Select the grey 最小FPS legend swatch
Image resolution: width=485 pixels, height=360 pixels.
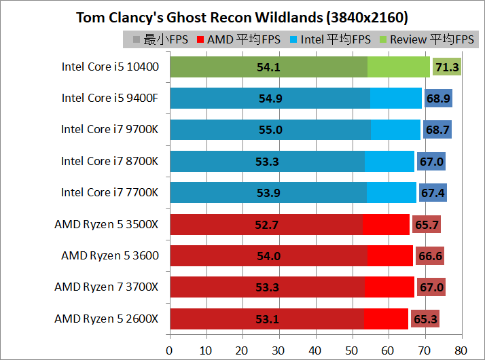(x=137, y=39)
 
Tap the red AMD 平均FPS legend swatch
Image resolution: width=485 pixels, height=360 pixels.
(x=200, y=39)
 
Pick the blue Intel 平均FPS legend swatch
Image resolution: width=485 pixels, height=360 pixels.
(x=293, y=39)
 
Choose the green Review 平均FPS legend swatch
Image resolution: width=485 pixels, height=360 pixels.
(x=383, y=39)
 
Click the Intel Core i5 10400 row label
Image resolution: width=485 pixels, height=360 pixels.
(x=110, y=67)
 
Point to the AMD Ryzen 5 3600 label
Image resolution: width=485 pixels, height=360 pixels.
(x=110, y=256)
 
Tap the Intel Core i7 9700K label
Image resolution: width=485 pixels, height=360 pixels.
(x=109, y=129)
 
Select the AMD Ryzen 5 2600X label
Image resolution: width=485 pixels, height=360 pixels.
(x=107, y=319)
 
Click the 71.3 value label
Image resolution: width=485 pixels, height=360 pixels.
(x=447, y=67)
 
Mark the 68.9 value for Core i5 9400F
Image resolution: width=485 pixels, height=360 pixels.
(x=438, y=98)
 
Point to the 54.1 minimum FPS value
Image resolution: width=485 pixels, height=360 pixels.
(x=268, y=67)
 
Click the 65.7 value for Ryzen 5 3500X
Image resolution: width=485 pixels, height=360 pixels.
(x=427, y=225)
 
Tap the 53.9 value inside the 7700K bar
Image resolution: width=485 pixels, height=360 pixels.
(x=268, y=193)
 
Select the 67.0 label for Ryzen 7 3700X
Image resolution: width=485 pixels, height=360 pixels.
(x=431, y=287)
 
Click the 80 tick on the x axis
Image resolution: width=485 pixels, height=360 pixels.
(x=461, y=350)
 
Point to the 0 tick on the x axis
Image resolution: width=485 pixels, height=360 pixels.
(x=169, y=350)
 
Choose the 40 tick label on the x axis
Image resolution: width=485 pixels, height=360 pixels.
(x=315, y=350)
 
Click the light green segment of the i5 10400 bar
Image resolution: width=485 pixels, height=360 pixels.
(x=399, y=67)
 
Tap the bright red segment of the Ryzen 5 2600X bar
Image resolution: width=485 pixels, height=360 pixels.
(x=386, y=319)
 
